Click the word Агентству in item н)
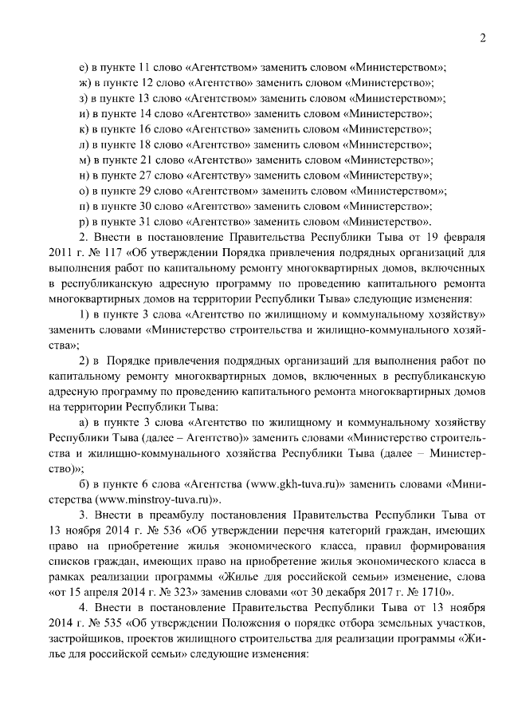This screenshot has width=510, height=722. coord(220,176)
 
